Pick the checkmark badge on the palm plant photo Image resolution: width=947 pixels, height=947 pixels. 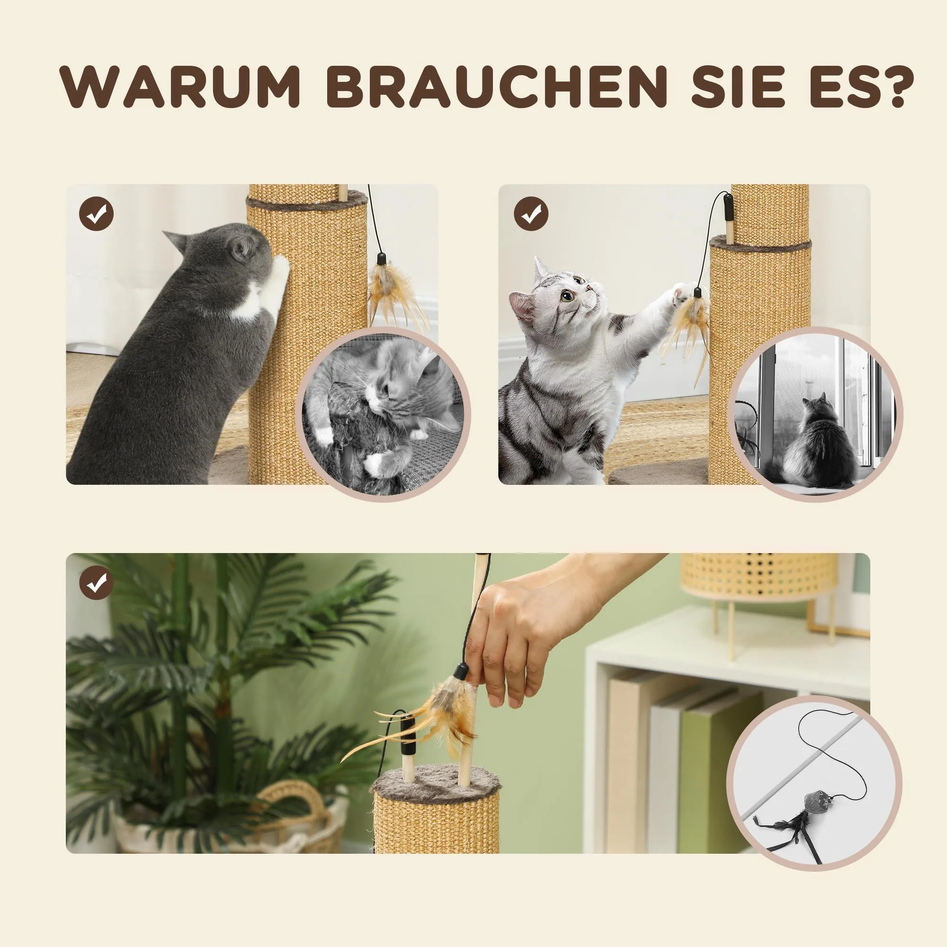pos(96,583)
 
